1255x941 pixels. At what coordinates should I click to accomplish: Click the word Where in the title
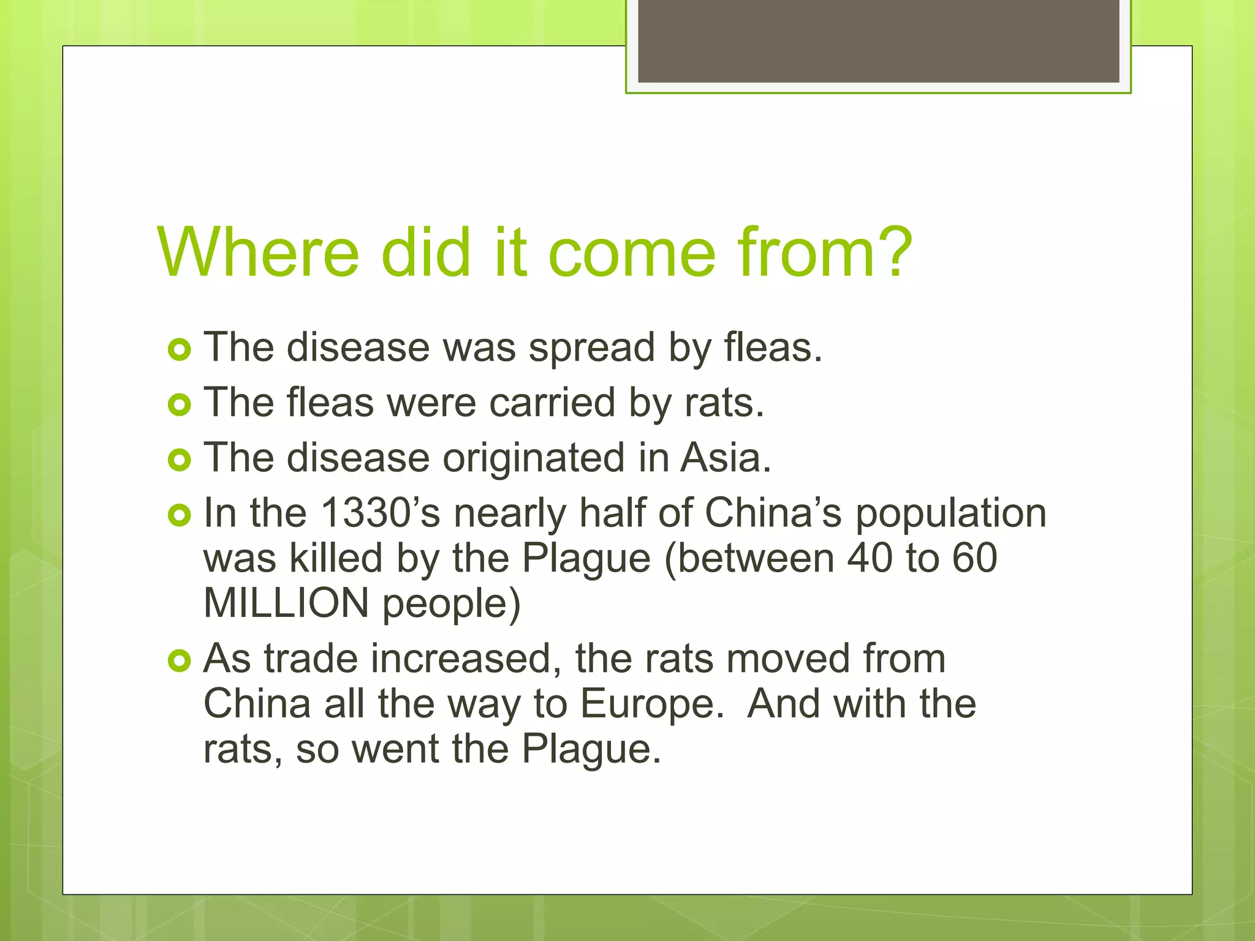click(x=257, y=252)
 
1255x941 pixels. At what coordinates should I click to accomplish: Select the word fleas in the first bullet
click(x=772, y=347)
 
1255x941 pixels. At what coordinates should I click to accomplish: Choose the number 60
click(x=974, y=558)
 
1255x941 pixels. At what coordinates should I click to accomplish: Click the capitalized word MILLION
click(x=286, y=603)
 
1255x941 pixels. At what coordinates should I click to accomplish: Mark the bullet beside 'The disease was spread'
click(x=179, y=350)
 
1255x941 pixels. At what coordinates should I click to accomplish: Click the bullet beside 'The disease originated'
click(x=179, y=459)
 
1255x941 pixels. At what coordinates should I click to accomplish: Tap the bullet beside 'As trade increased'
click(x=179, y=660)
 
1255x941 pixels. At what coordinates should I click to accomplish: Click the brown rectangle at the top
click(x=878, y=40)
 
